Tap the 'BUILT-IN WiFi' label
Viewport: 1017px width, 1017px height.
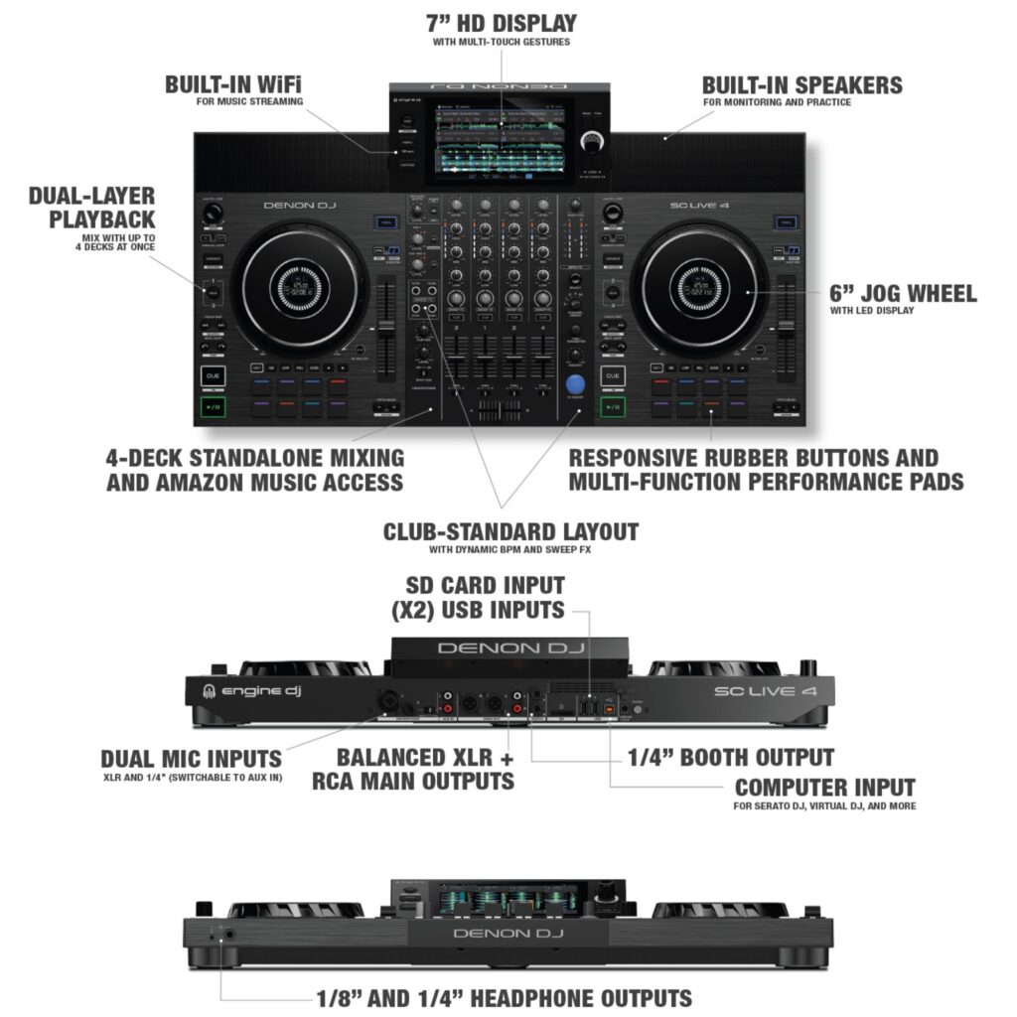pyautogui.click(x=232, y=84)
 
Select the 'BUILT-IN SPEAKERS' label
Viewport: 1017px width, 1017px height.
pyautogui.click(x=801, y=84)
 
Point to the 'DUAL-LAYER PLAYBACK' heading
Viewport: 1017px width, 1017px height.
pyautogui.click(x=91, y=207)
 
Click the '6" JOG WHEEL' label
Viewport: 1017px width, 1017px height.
pyautogui.click(x=902, y=293)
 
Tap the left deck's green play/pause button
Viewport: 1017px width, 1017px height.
pyautogui.click(x=212, y=407)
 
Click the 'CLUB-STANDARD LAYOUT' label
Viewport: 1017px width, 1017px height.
pyautogui.click(x=510, y=532)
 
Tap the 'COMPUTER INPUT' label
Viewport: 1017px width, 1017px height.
pyautogui.click(x=824, y=788)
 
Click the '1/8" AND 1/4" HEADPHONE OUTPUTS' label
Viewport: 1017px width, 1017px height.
pyautogui.click(x=504, y=997)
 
